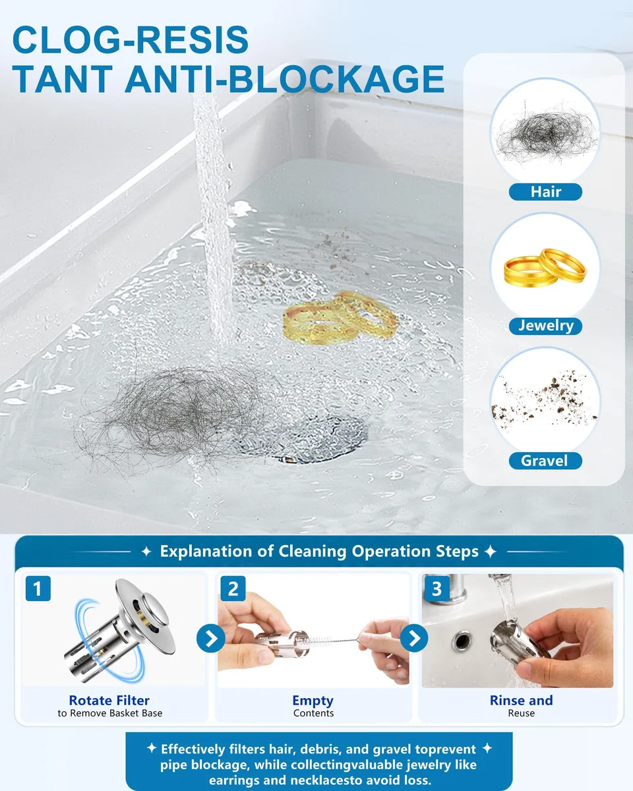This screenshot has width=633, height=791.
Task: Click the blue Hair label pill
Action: click(545, 192)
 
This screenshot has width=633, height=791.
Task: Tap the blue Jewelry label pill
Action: click(545, 326)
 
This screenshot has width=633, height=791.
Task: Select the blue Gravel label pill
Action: click(545, 461)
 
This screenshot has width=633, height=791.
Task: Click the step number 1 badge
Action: click(38, 589)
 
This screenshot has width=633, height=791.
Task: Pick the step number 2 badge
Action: click(233, 589)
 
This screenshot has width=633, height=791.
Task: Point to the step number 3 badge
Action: click(437, 589)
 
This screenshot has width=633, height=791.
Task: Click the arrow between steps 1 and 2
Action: click(211, 638)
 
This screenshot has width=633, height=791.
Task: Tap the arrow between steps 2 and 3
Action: click(414, 638)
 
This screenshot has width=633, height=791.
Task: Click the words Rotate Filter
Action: click(109, 700)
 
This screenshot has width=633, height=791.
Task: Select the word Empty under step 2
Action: click(313, 701)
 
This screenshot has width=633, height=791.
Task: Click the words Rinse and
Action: click(521, 700)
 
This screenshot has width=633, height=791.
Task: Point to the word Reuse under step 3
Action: click(521, 713)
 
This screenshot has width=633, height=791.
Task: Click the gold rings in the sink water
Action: click(340, 318)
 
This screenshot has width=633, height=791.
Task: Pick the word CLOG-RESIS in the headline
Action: click(131, 40)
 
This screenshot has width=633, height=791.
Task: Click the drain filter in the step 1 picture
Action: click(119, 630)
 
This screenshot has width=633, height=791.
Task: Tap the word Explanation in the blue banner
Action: click(217, 551)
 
